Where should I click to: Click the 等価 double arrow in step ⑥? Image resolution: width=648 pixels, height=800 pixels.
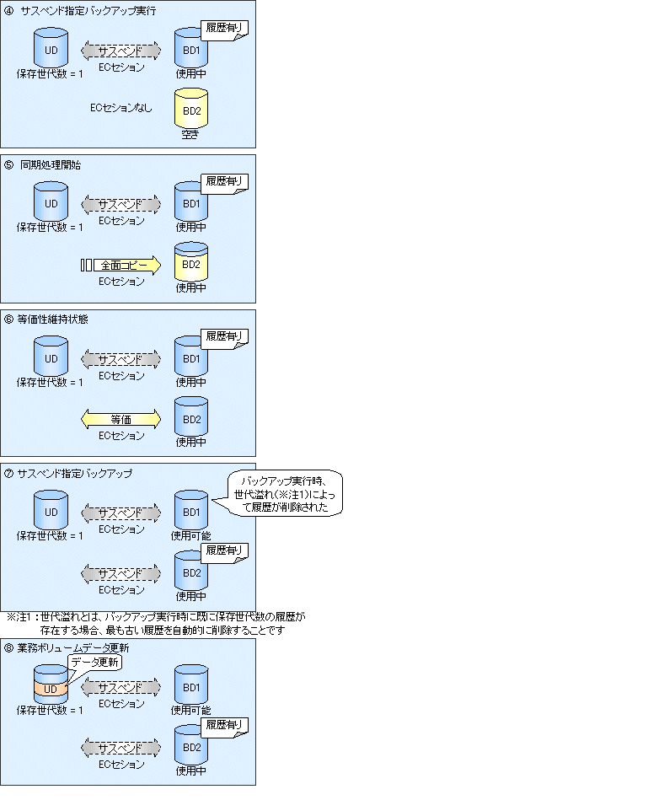tap(120, 419)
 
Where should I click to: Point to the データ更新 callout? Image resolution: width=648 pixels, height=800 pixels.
tap(95, 663)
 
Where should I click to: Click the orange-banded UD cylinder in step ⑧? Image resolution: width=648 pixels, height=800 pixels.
tap(51, 685)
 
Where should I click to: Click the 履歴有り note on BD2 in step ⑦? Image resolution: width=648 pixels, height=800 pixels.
tap(224, 551)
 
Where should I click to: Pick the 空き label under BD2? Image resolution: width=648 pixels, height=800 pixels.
tap(190, 134)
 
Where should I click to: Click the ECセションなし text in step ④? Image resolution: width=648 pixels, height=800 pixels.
tap(120, 108)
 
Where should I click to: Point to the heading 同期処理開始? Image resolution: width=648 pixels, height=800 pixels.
tap(51, 165)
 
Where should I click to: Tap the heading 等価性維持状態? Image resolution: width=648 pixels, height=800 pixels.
tap(52, 319)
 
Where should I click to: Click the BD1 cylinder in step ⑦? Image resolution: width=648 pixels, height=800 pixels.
tap(191, 510)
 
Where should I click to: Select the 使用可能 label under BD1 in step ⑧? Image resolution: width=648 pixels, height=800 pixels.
tap(190, 710)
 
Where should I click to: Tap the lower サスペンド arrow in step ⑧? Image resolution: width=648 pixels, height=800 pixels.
tap(120, 748)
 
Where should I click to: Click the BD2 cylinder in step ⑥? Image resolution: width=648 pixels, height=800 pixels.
tap(191, 416)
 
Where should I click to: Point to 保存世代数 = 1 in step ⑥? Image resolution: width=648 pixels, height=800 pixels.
tap(50, 382)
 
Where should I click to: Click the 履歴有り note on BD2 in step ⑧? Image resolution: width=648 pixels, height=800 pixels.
tap(224, 726)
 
